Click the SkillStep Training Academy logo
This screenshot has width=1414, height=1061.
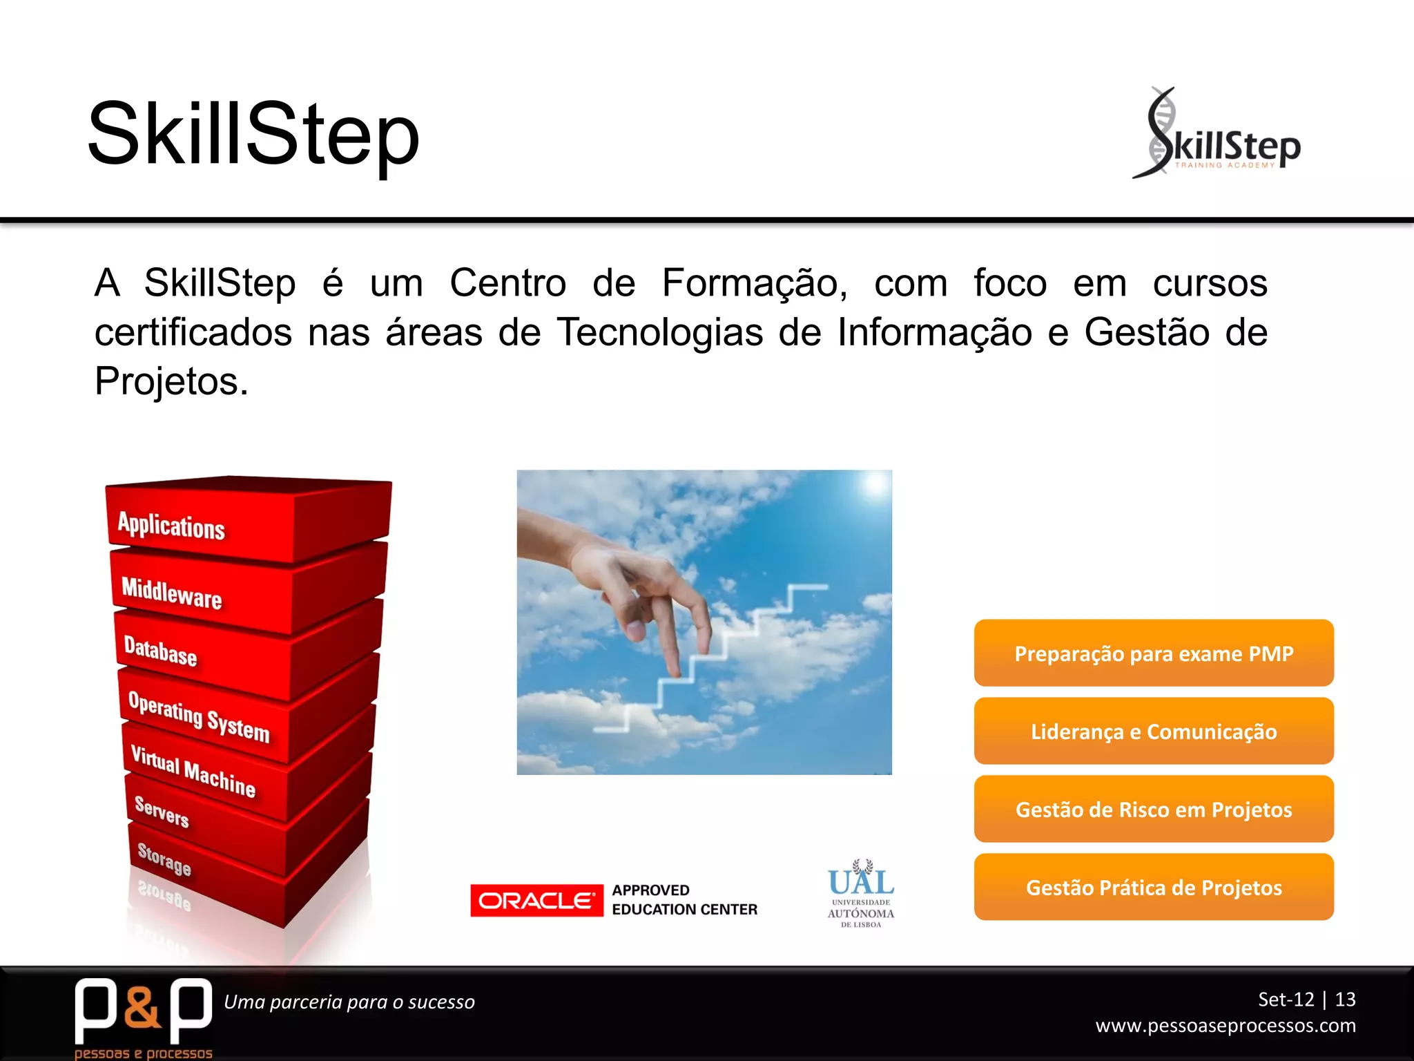point(1217,134)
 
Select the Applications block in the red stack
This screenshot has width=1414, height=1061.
point(171,526)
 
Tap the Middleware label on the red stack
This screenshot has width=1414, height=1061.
point(171,593)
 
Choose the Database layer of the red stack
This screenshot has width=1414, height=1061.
point(160,651)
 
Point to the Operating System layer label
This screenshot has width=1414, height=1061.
point(199,716)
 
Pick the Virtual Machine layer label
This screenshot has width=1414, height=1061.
point(193,771)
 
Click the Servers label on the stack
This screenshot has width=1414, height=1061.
point(162,811)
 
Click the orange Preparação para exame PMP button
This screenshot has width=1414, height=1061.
point(1153,653)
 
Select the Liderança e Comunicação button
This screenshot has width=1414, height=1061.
point(1153,731)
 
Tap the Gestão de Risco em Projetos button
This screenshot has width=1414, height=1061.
point(1153,809)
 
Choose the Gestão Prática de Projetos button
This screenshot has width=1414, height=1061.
point(1153,887)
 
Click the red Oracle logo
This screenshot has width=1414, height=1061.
point(536,900)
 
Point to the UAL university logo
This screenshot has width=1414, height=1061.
point(861,893)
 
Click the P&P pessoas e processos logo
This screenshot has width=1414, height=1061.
point(143,1015)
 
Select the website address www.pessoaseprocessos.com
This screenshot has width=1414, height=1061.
point(1226,1026)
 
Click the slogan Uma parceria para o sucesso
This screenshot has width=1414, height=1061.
point(349,1002)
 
